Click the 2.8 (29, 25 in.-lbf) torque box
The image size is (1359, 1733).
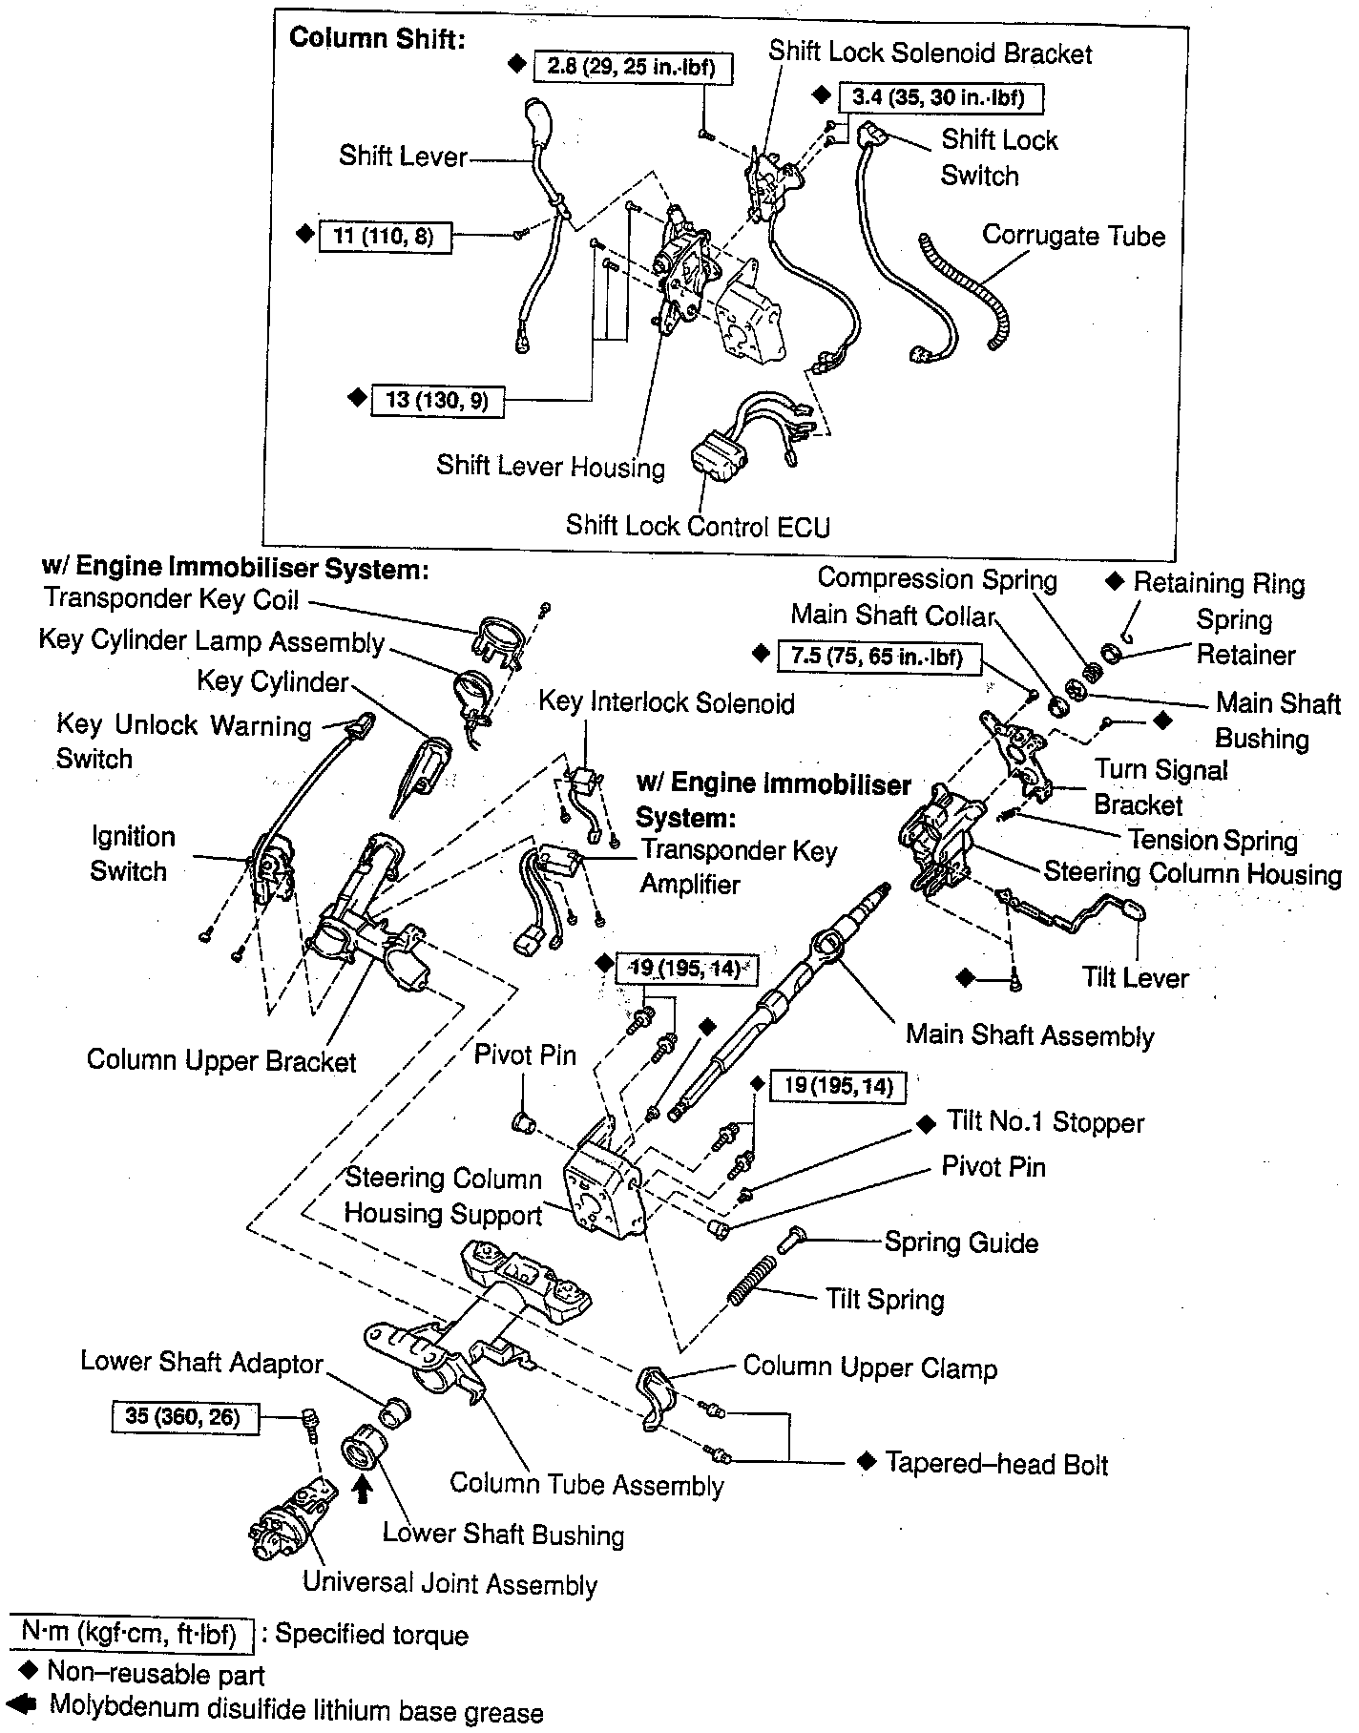631,66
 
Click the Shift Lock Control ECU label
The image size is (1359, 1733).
698,526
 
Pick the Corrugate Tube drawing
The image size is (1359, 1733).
965,287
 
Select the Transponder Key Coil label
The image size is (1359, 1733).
172,599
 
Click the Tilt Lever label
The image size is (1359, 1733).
1135,977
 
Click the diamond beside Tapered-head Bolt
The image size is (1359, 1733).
866,1463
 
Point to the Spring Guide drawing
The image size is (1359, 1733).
791,1240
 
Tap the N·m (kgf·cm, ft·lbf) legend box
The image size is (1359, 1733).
131,1636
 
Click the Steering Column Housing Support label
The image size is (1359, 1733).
443,1197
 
